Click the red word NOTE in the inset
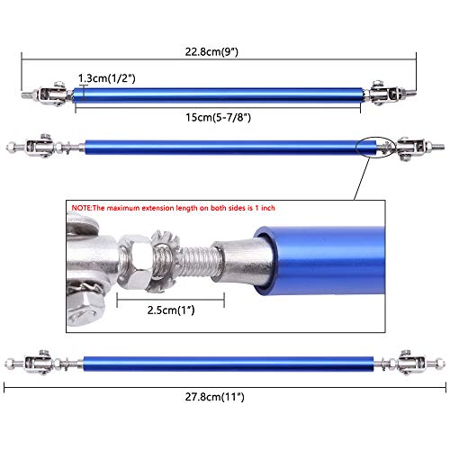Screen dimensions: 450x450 pos(84,208)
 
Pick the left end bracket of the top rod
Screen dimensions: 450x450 pos(45,94)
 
